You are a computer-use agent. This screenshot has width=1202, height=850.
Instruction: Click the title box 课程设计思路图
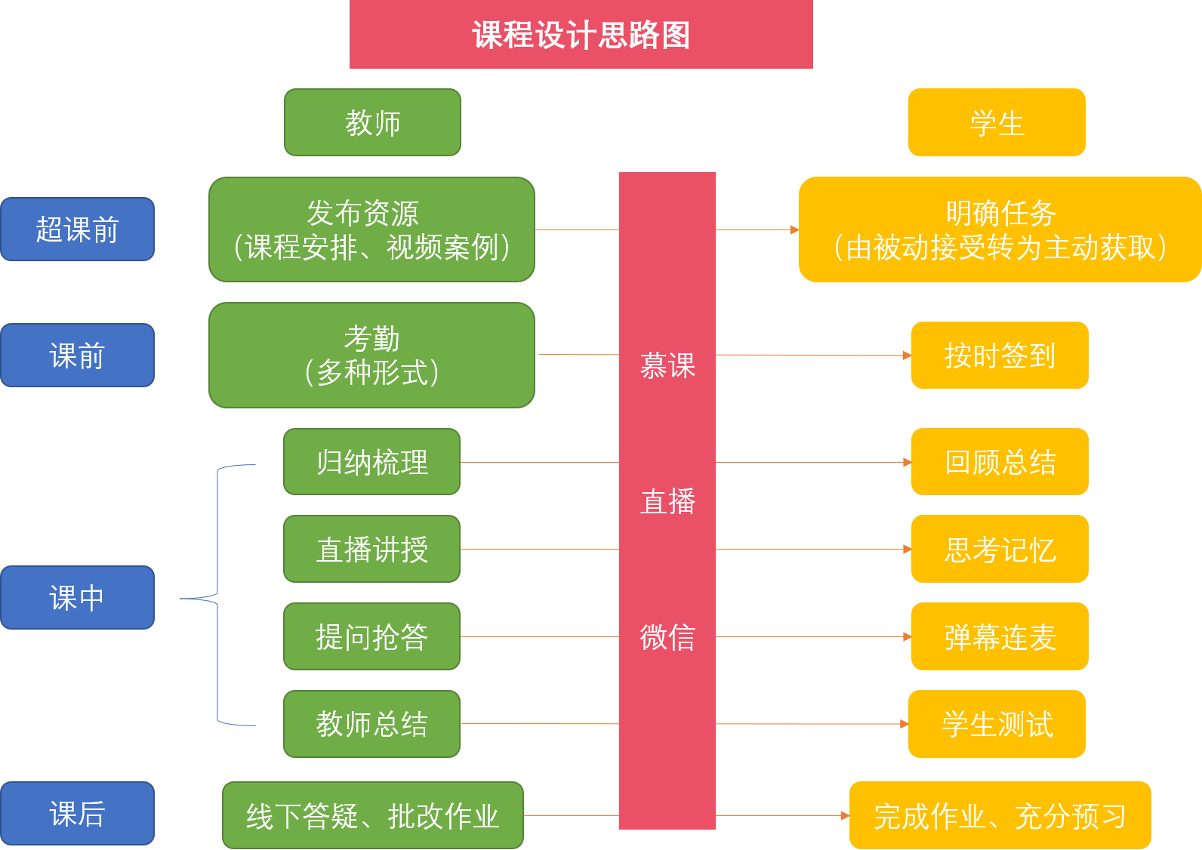tap(581, 35)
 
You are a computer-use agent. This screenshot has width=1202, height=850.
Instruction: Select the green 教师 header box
tap(372, 122)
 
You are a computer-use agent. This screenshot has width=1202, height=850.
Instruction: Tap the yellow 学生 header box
tap(997, 122)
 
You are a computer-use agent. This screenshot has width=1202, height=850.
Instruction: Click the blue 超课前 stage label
tap(77, 229)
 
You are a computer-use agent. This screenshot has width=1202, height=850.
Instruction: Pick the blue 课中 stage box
tap(77, 598)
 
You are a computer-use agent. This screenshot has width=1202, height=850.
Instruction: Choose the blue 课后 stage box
tap(77, 814)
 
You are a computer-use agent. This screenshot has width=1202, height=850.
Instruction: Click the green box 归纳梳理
tap(371, 462)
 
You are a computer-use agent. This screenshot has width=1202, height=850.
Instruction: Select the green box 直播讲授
tap(371, 549)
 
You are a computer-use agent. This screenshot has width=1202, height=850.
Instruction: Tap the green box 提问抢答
tap(371, 636)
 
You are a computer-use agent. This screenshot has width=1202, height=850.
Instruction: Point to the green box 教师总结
tap(371, 724)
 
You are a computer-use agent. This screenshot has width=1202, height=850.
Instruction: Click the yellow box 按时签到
tap(1000, 356)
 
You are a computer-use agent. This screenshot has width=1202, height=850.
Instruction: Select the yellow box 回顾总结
tap(1000, 462)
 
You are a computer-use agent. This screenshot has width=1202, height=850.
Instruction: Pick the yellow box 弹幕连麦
tap(1000, 636)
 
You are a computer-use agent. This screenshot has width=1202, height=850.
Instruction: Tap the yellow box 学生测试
tap(997, 724)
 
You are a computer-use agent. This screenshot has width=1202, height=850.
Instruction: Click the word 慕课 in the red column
tap(667, 366)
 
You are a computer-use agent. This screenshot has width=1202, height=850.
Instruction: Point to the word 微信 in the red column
tap(667, 637)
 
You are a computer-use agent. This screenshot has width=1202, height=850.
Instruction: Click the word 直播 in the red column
tap(667, 501)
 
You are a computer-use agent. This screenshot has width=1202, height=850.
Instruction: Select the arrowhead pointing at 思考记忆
tap(908, 550)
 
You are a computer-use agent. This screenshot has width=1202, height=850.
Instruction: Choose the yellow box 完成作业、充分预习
tap(1000, 816)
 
